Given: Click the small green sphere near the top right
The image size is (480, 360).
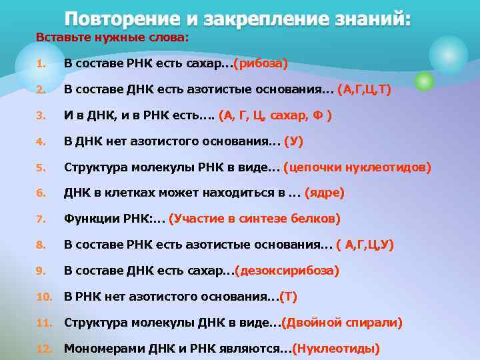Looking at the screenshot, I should click(x=424, y=81).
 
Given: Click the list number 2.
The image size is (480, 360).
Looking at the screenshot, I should click(x=40, y=90).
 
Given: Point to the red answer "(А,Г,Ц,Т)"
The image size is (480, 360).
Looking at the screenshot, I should click(x=364, y=90).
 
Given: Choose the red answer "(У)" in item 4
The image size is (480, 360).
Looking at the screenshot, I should click(x=293, y=141).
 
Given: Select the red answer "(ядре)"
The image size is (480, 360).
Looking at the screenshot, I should click(x=325, y=193).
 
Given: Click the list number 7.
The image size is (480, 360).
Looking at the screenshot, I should click(x=40, y=219).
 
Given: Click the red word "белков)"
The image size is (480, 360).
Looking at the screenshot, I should click(x=317, y=219).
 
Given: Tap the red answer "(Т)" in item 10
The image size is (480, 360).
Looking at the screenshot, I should click(x=288, y=297).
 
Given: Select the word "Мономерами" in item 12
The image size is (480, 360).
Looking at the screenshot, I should click(x=99, y=349).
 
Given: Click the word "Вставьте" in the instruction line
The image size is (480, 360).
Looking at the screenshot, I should click(x=59, y=37).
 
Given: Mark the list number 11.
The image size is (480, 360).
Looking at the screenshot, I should click(x=43, y=323).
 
